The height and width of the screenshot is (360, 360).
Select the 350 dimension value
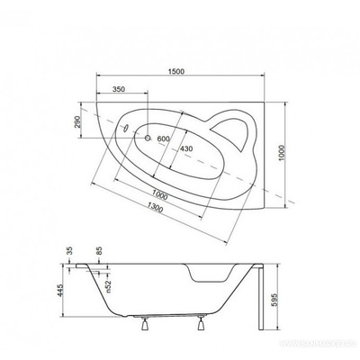tap(118, 91)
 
